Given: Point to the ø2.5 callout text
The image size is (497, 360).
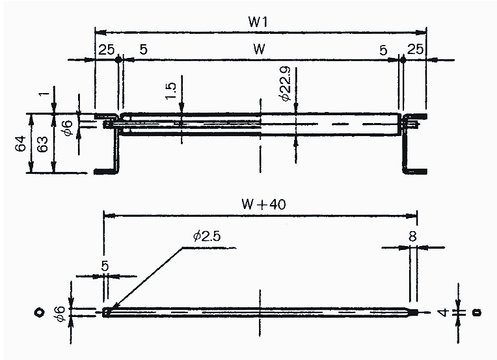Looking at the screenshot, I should tap(207, 237).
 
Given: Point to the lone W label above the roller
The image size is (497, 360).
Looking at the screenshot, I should tap(259, 49).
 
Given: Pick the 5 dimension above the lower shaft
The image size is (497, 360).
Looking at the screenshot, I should tap(106, 266).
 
